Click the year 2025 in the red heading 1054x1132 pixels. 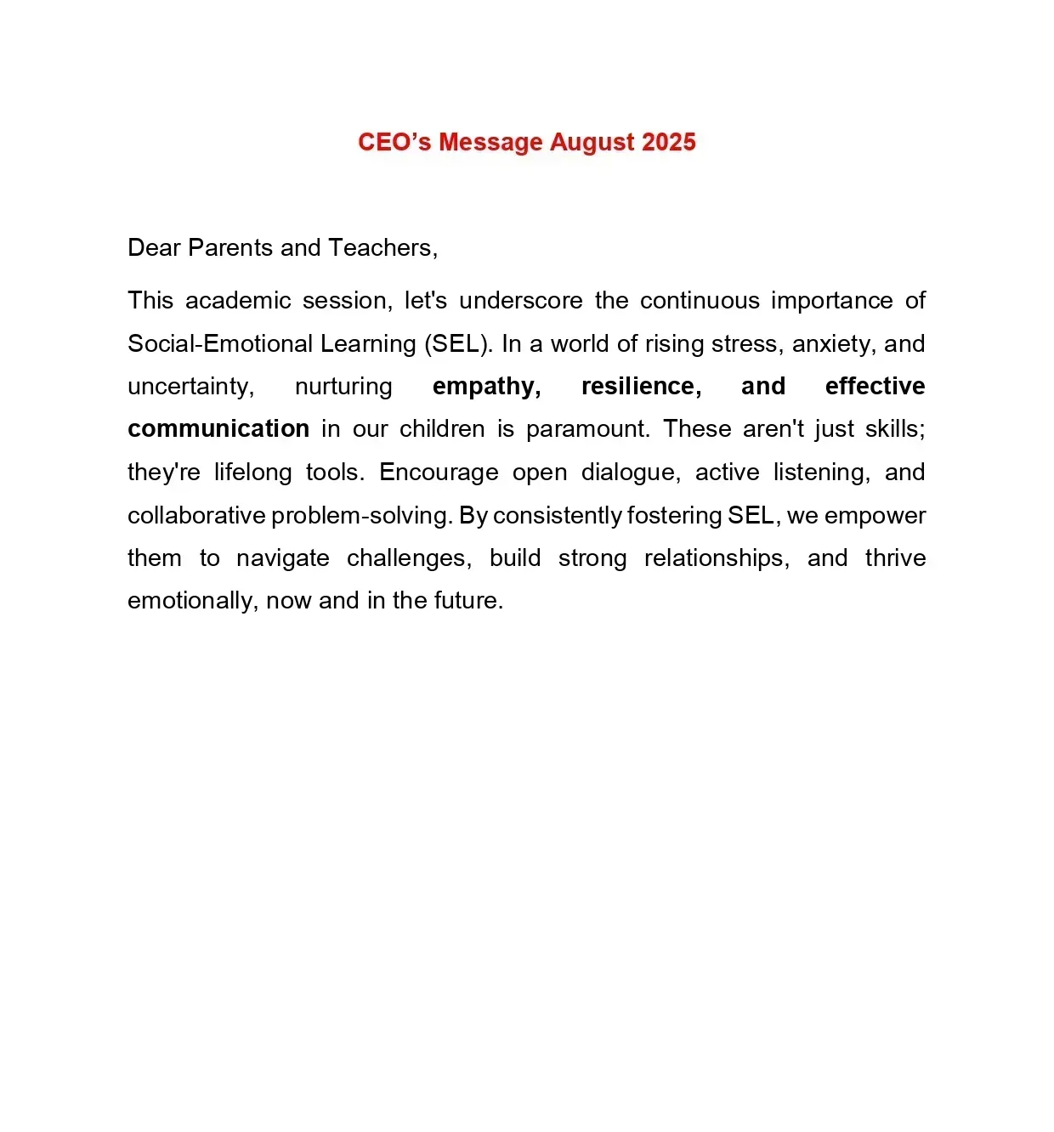(x=669, y=142)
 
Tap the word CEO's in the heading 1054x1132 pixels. (x=394, y=142)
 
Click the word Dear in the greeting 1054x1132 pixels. (x=154, y=247)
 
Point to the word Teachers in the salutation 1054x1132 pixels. (x=382, y=247)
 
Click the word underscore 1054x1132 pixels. (x=520, y=301)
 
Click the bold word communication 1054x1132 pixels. (x=218, y=429)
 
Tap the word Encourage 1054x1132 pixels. (x=439, y=473)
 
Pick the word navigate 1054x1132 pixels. (x=282, y=558)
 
